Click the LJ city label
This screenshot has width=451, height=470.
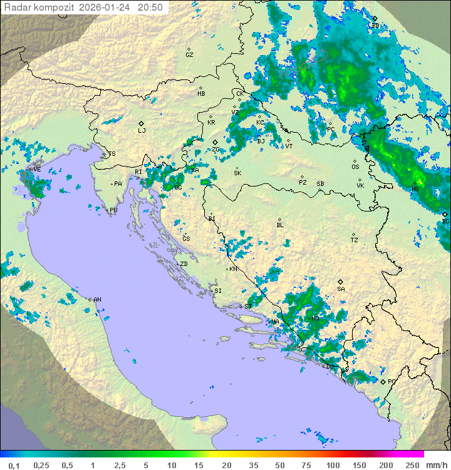point(142,131)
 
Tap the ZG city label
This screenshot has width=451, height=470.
point(215,150)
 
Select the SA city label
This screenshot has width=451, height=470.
point(341,289)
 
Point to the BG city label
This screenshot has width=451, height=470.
point(445,221)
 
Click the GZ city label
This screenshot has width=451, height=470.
point(189,55)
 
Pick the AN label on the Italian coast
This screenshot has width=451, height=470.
point(97,300)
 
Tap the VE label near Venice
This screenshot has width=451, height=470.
point(37,170)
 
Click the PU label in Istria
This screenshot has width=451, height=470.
point(113,210)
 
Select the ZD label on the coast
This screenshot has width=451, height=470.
point(184,264)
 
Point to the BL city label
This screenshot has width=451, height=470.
point(280,225)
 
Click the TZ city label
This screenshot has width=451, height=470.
point(354,240)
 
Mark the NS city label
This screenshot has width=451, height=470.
point(415,189)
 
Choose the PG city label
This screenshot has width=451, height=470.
point(391,381)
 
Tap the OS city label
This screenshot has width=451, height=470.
point(355,167)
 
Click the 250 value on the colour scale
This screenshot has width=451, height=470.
point(412,465)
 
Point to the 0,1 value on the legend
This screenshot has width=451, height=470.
point(14,465)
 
